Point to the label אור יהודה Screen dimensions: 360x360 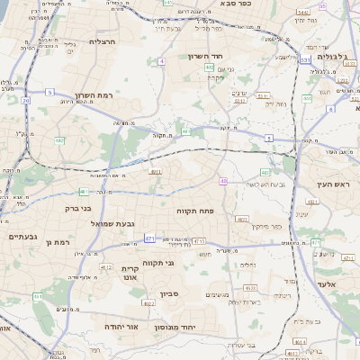click(121, 326)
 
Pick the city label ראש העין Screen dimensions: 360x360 click(330, 184)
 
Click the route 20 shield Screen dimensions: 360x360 click(25, 101)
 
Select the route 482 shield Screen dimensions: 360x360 click(59, 140)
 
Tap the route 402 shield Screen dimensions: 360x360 click(209, 67)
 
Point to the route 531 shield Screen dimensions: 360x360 click(306, 59)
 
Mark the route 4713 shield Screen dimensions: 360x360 click(199, 241)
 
